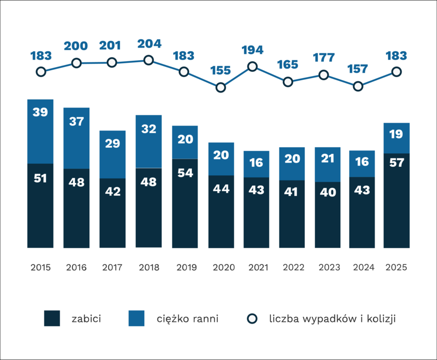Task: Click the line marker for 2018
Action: pyautogui.click(x=148, y=60)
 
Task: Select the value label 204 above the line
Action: pyautogui.click(x=149, y=44)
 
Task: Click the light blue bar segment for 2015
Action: pyautogui.click(x=41, y=131)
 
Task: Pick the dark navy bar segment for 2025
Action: pyautogui.click(x=396, y=201)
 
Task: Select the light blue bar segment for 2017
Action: pyautogui.click(x=113, y=154)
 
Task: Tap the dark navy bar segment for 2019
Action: pyautogui.click(x=185, y=203)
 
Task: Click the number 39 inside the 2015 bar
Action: pyautogui.click(x=41, y=112)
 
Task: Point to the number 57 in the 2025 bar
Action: pyautogui.click(x=396, y=163)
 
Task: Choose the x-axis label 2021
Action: pyautogui.click(x=256, y=267)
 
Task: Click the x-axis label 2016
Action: pyautogui.click(x=77, y=267)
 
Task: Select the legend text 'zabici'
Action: pyautogui.click(x=86, y=318)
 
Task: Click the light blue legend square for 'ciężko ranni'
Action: pyautogui.click(x=136, y=318)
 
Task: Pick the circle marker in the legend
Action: pyautogui.click(x=253, y=318)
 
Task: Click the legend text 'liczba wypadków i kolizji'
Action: pyautogui.click(x=332, y=318)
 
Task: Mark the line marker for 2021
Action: pyautogui.click(x=253, y=67)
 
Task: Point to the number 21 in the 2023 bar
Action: pyautogui.click(x=328, y=159)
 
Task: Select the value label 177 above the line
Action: pyautogui.click(x=324, y=58)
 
